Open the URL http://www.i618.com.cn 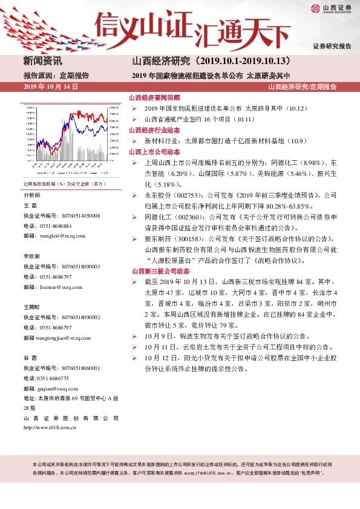(49, 428)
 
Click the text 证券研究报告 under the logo (332, 46)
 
